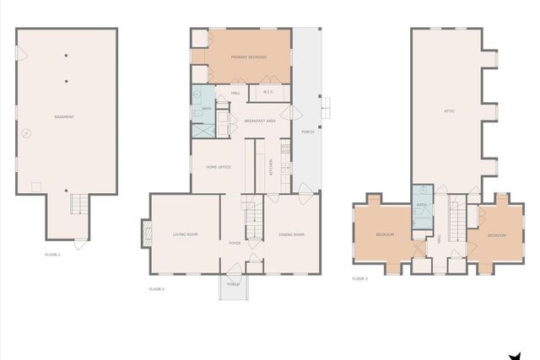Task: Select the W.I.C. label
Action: point(267,92)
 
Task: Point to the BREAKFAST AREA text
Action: point(261,121)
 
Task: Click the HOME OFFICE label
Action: point(219,167)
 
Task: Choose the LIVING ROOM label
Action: point(185,234)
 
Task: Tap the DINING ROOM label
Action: point(291,234)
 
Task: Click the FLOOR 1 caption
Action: point(52,255)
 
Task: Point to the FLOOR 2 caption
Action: point(156,289)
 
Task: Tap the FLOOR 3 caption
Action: point(359,278)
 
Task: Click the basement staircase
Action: point(78,203)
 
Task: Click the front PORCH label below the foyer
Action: point(233,284)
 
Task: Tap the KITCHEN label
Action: point(271,166)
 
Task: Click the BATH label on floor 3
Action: point(420,205)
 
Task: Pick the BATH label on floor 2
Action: point(207,109)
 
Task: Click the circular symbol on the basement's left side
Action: point(26,132)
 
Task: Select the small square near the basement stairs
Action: point(35,185)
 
